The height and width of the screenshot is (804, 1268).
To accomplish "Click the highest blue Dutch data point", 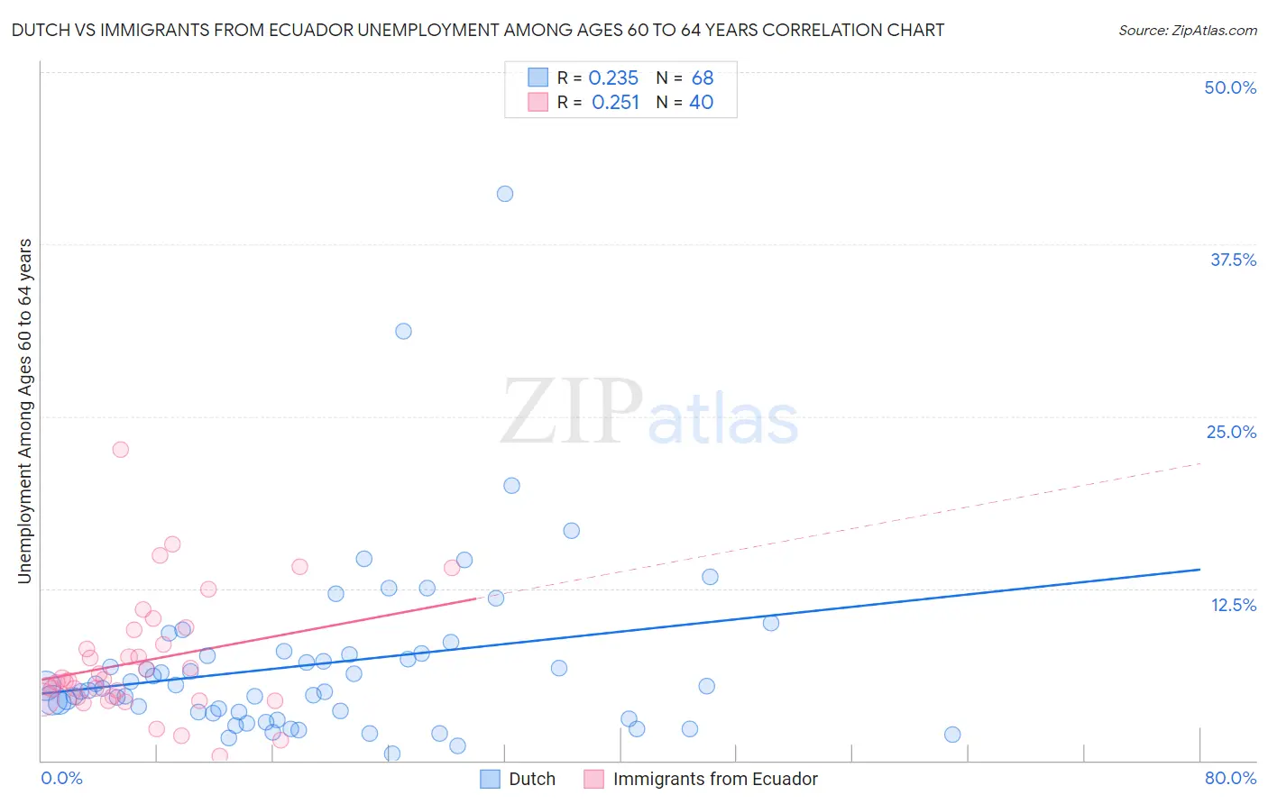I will pyautogui.click(x=505, y=194).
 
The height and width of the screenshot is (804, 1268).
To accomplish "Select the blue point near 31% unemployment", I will pyautogui.click(x=403, y=331).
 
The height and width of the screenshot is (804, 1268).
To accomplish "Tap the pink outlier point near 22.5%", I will pyautogui.click(x=120, y=449).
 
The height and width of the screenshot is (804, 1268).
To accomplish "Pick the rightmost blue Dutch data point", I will pyautogui.click(x=952, y=735).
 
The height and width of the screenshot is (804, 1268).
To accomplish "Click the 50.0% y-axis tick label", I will pyautogui.click(x=1230, y=87).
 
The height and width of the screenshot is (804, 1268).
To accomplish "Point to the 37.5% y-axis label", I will pyautogui.click(x=1233, y=260).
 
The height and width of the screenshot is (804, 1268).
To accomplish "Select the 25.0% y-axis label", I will pyautogui.click(x=1231, y=432).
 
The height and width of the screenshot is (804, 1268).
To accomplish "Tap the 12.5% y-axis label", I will pyautogui.click(x=1233, y=605).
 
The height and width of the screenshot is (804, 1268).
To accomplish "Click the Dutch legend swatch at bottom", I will pyautogui.click(x=490, y=780).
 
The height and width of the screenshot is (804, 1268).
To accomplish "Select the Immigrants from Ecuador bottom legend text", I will pyautogui.click(x=715, y=780).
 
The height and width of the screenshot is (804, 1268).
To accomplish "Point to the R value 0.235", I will pyautogui.click(x=613, y=78).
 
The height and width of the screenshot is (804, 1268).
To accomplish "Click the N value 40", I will pyautogui.click(x=701, y=103).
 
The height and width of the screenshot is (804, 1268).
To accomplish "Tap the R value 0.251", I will pyautogui.click(x=615, y=103).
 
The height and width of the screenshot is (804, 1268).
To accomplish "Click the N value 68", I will pyautogui.click(x=702, y=78).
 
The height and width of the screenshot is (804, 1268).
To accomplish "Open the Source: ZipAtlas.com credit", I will pyautogui.click(x=1187, y=31).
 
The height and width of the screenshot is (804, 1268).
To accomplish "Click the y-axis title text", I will pyautogui.click(x=25, y=411).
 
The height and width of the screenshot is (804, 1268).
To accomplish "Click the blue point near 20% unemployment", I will pyautogui.click(x=511, y=485).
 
